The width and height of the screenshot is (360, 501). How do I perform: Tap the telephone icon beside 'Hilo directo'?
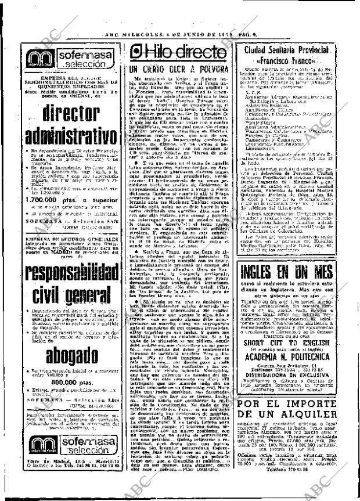138,53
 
